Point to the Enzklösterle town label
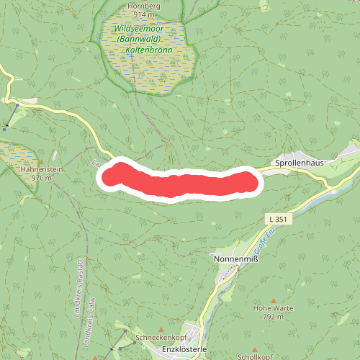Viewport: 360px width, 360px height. (185, 349)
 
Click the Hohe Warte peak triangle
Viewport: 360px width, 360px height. (273, 300)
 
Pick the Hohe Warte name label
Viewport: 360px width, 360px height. (272, 307)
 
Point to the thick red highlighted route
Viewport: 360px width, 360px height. (180, 182)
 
